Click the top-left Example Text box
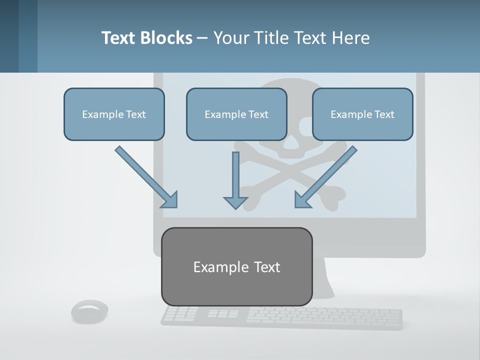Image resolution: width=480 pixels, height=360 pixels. [x=114, y=114]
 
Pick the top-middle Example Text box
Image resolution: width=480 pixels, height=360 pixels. [x=236, y=114]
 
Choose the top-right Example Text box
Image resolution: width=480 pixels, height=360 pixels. [x=362, y=114]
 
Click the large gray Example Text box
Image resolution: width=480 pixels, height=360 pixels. [x=236, y=266]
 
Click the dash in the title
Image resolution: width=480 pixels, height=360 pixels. [x=202, y=38]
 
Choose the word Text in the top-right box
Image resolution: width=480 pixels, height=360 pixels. [x=384, y=114]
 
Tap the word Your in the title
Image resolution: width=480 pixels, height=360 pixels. [x=230, y=38]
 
